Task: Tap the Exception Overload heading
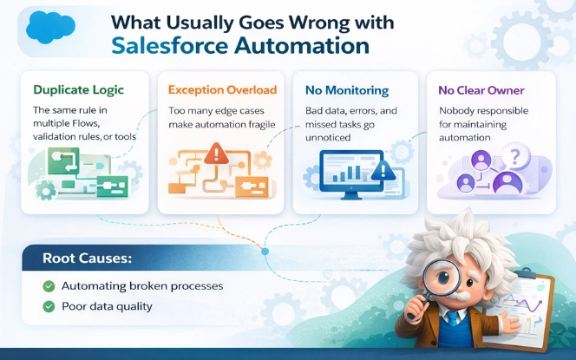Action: click(x=222, y=89)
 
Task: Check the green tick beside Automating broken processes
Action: click(x=48, y=286)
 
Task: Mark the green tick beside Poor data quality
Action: click(x=48, y=305)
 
